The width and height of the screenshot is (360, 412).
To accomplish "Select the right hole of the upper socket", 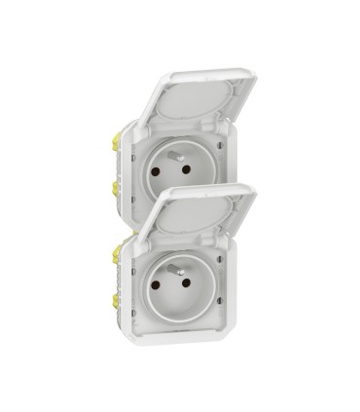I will [186, 169].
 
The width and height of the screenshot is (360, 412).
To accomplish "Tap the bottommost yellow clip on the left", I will [117, 301].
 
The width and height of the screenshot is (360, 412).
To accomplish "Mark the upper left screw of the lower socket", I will [139, 255].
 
